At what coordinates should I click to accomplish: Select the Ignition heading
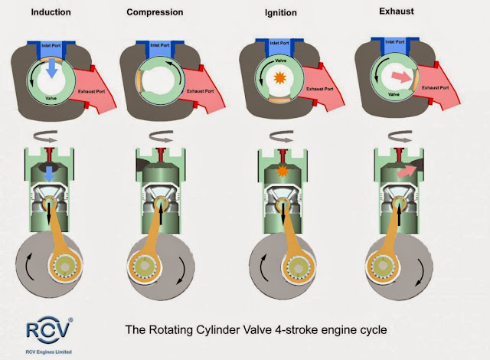pyautogui.click(x=280, y=13)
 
